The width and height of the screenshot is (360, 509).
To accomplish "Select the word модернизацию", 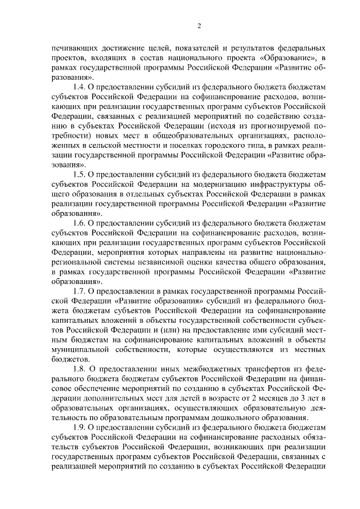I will coord(202,185).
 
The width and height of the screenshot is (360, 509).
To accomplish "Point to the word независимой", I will coord(163,262).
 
